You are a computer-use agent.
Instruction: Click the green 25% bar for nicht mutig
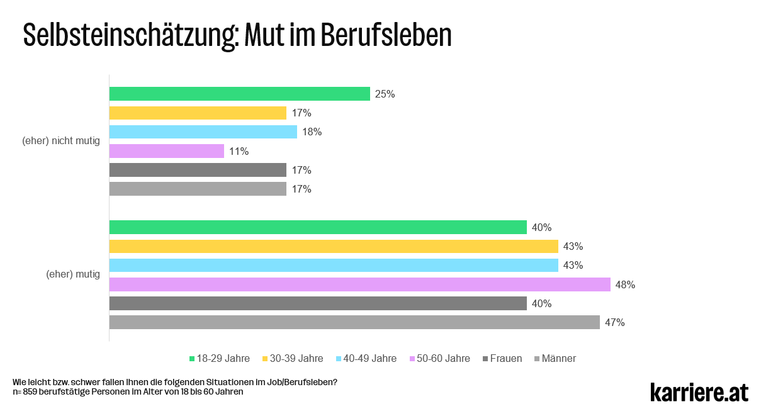pyautogui.click(x=239, y=94)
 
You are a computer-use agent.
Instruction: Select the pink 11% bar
pyautogui.click(x=167, y=151)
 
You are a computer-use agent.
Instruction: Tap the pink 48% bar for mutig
pyautogui.click(x=359, y=284)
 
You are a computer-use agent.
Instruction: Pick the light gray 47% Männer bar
pyautogui.click(x=354, y=322)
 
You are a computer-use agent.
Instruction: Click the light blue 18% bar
pyautogui.click(x=203, y=132)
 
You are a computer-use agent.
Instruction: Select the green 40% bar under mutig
pyautogui.click(x=318, y=227)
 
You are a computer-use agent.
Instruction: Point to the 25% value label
pyautogui.click(x=385, y=94)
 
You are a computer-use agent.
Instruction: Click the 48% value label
pyautogui.click(x=626, y=285)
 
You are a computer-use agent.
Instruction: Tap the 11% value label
pyautogui.click(x=239, y=152)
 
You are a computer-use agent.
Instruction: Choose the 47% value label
pyautogui.click(x=615, y=323)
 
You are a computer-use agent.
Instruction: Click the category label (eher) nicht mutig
pyautogui.click(x=61, y=141)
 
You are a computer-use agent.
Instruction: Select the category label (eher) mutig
pyautogui.click(x=73, y=274)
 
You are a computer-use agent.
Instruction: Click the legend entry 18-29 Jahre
pyautogui.click(x=223, y=359)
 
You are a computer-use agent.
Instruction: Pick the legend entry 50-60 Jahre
pyautogui.click(x=443, y=359)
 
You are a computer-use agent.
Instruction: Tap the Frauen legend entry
pyautogui.click(x=506, y=359)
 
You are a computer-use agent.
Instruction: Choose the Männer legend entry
pyautogui.click(x=558, y=359)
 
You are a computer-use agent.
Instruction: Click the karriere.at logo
pyautogui.click(x=699, y=391)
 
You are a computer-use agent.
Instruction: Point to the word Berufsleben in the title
pyautogui.click(x=386, y=36)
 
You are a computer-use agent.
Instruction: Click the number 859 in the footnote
pyautogui.click(x=30, y=391)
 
